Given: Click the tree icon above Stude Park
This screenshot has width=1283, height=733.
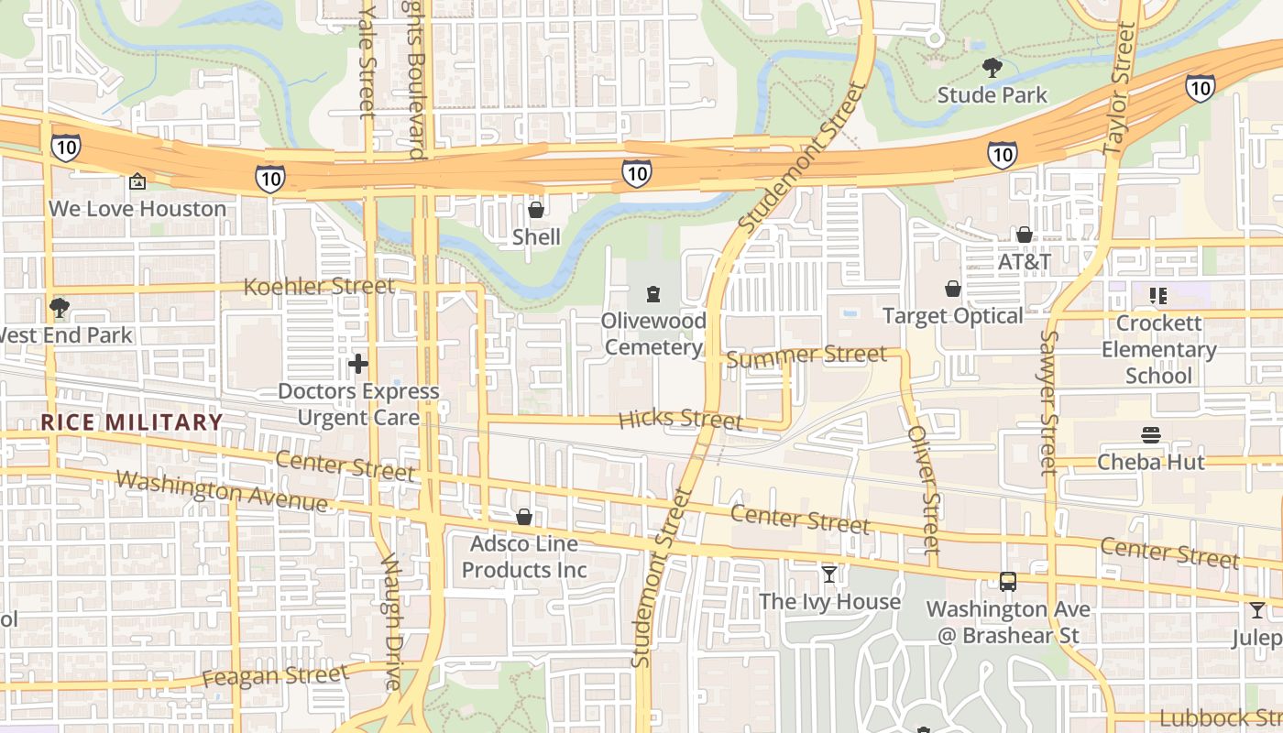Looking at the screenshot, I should click(992, 67).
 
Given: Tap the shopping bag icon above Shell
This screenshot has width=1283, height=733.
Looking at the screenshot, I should click(536, 210).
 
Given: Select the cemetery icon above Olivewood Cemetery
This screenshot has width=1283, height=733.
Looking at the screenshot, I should click(652, 293).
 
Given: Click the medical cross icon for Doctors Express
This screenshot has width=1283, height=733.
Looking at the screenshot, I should click(357, 364).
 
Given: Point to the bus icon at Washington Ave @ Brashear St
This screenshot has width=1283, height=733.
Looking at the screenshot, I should click(1007, 582).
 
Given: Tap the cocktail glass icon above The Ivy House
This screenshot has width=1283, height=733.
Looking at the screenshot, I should click(829, 574).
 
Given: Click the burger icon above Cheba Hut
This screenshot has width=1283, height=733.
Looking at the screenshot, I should click(1151, 434).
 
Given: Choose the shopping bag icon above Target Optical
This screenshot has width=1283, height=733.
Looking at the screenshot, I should click(952, 289).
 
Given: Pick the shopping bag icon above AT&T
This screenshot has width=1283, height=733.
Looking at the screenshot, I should click(1024, 235).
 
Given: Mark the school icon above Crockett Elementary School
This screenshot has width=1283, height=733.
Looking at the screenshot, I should click(1158, 295).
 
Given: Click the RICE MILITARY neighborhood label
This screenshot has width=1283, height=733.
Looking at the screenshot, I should click(132, 422).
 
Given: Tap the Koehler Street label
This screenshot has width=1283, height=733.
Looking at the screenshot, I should click(319, 287).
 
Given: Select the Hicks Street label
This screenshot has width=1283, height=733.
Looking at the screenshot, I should click(680, 420).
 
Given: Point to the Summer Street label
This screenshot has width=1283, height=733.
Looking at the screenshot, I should click(806, 355).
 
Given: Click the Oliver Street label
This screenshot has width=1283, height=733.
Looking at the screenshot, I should click(924, 489).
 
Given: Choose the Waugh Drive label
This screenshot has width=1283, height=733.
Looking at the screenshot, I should click(391, 620).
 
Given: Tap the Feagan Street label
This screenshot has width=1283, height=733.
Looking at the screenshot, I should click(275, 677).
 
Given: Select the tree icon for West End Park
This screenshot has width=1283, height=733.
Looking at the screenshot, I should click(60, 308).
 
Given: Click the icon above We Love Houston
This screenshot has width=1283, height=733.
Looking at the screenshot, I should click(137, 181).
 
